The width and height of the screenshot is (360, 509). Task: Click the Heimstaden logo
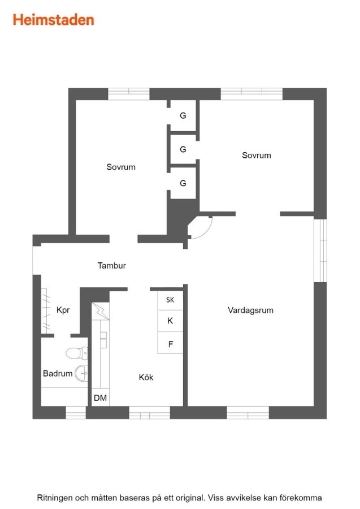click(54, 20)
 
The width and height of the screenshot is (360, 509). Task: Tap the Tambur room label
click(111, 266)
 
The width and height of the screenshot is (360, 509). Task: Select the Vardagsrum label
click(250, 310)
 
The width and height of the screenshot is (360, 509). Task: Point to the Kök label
click(146, 377)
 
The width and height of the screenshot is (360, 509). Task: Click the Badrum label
click(58, 373)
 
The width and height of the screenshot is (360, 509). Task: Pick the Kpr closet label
click(63, 310)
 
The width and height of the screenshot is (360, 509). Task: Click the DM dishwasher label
click(100, 398)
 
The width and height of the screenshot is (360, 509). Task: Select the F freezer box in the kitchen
click(170, 343)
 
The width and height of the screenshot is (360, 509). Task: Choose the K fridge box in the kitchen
click(170, 321)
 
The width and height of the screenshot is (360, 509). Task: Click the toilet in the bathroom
click(77, 353)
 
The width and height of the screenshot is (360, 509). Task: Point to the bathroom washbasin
click(81, 373)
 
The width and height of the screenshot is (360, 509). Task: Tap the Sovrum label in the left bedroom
click(121, 167)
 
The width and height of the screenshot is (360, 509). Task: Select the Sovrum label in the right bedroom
click(257, 155)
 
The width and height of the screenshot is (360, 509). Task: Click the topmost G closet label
click(183, 115)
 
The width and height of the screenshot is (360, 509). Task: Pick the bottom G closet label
click(183, 183)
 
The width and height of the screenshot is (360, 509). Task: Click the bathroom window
click(76, 413)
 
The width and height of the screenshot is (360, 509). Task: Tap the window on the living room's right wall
click(320, 251)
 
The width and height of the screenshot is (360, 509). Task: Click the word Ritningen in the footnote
click(55, 498)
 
